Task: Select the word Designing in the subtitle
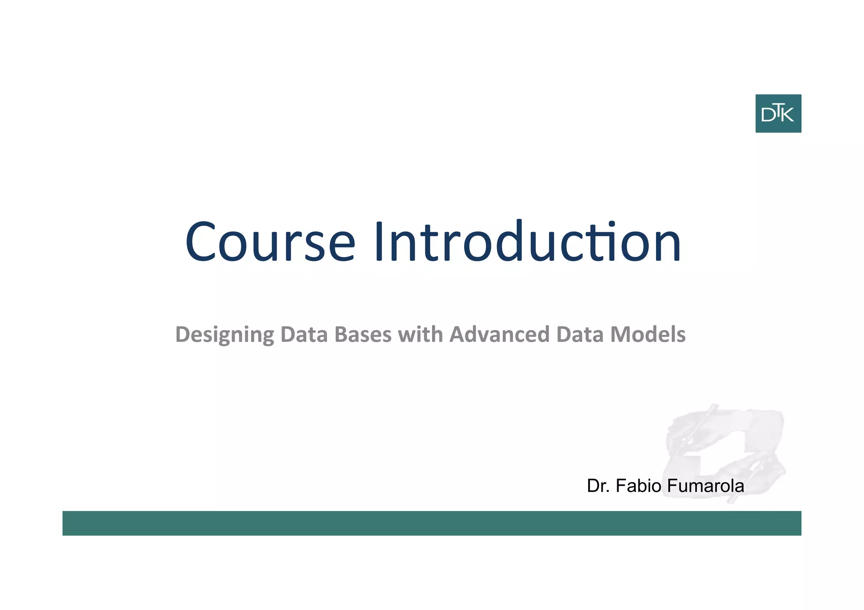(224, 335)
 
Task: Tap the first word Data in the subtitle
(304, 334)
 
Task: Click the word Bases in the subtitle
(363, 334)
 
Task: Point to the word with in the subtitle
(420, 334)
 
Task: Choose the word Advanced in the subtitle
(499, 334)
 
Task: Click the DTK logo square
(778, 113)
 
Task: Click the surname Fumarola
(705, 486)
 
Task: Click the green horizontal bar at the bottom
(432, 523)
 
